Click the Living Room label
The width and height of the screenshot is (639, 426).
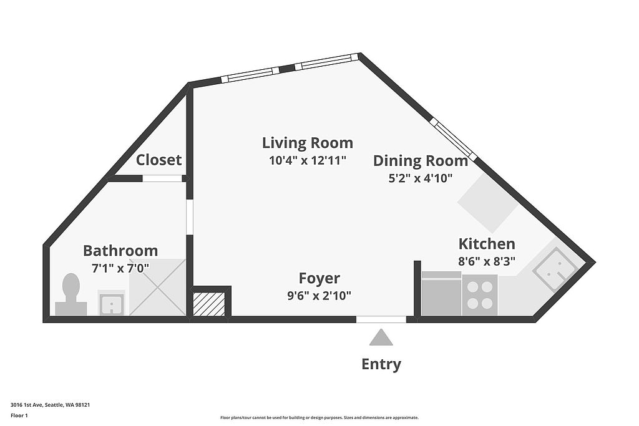(x=307, y=143)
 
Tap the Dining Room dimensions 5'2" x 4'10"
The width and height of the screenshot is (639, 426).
(x=421, y=178)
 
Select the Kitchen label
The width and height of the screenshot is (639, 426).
(x=487, y=243)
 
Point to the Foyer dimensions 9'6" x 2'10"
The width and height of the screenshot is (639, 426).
(x=319, y=295)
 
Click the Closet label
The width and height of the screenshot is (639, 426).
(x=159, y=160)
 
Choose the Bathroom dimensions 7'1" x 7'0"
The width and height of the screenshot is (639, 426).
(x=120, y=268)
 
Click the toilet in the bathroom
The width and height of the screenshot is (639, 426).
(x=71, y=294)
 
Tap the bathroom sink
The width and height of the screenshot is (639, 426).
(x=111, y=303)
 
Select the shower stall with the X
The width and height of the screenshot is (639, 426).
(x=157, y=287)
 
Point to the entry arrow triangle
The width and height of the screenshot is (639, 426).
(x=381, y=337)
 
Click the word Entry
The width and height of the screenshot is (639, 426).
(x=381, y=364)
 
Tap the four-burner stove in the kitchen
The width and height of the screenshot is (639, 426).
(x=480, y=295)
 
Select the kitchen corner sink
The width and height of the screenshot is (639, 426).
(x=554, y=268)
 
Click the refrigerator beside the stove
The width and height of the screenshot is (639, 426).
(x=441, y=293)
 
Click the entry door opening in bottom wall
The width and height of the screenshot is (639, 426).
(x=381, y=319)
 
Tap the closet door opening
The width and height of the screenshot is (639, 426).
(x=162, y=178)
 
